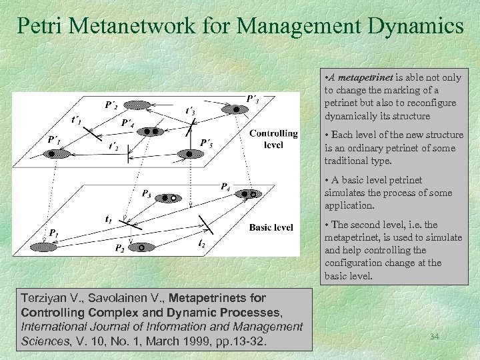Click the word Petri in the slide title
[39, 26]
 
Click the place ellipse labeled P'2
[136, 104]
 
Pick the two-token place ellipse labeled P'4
[149, 132]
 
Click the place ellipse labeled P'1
[58, 153]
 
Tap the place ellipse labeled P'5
[188, 154]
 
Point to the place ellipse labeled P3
[167, 198]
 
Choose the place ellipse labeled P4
[248, 194]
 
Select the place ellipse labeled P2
[141, 247]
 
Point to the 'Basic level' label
[271, 227]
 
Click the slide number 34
[434, 337]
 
